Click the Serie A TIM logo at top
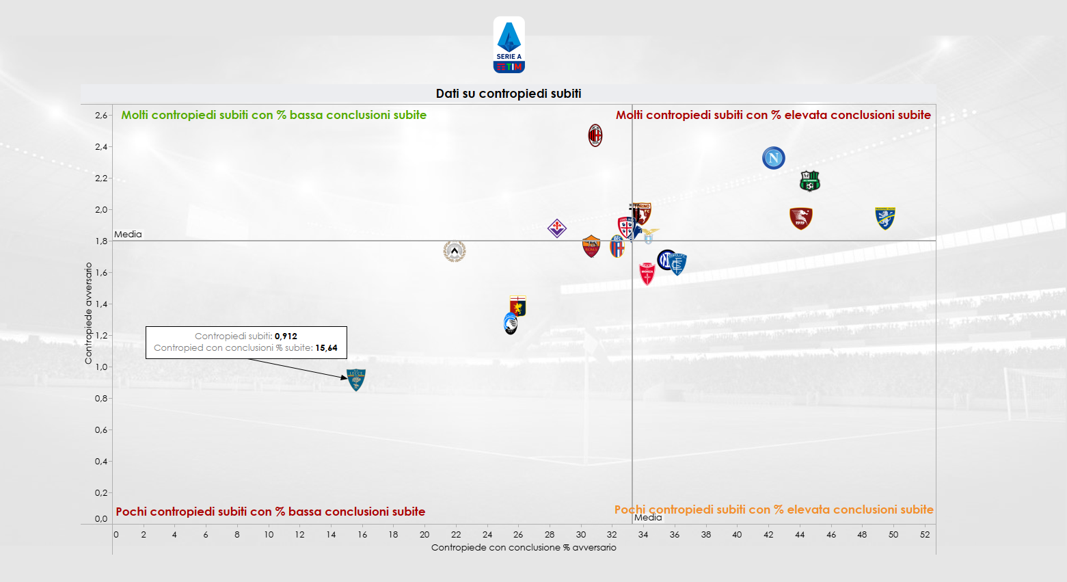pyautogui.click(x=509, y=45)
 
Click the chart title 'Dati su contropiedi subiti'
pyautogui.click(x=509, y=94)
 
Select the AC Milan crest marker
pyautogui.click(x=595, y=135)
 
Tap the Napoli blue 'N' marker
pyautogui.click(x=773, y=158)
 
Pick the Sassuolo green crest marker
pyautogui.click(x=809, y=181)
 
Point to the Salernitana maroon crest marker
pyautogui.click(x=800, y=218)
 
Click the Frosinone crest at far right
pyautogui.click(x=885, y=218)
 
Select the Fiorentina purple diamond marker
pyautogui.click(x=557, y=228)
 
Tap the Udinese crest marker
pyautogui.click(x=455, y=251)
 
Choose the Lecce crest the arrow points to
pyautogui.click(x=356, y=380)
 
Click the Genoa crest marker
pyautogui.click(x=518, y=306)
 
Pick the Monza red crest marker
pyautogui.click(x=647, y=274)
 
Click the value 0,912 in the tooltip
pyautogui.click(x=286, y=336)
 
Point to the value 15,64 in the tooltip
pyautogui.click(x=326, y=347)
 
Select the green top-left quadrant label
pyautogui.click(x=273, y=115)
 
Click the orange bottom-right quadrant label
pyautogui.click(x=773, y=510)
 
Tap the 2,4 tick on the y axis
pyautogui.click(x=101, y=146)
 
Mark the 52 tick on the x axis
pyautogui.click(x=924, y=534)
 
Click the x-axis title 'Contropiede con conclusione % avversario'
pyautogui.click(x=524, y=547)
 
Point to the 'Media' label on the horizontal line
pyautogui.click(x=128, y=234)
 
